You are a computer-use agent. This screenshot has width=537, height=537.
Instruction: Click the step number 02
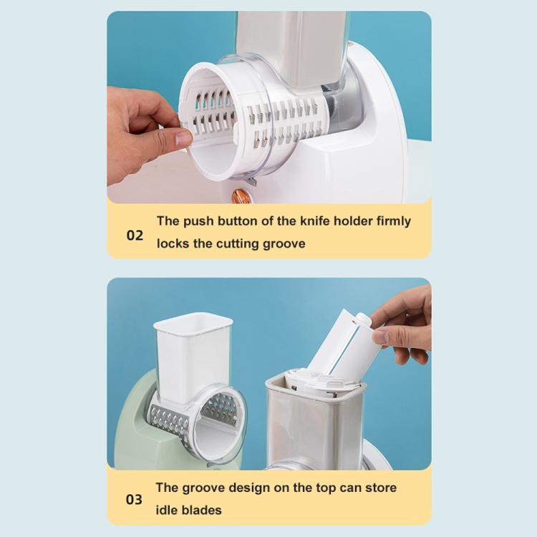coord(135,235)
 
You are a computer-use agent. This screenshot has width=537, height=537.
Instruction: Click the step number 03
coord(135,499)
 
